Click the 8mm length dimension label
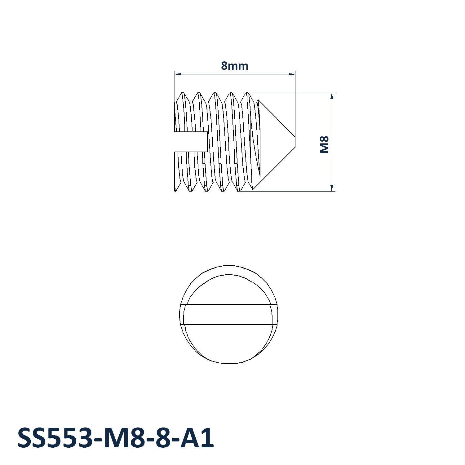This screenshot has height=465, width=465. click(235, 66)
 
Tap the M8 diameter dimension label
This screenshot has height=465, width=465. click(324, 144)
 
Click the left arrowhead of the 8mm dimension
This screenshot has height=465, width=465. click(178, 74)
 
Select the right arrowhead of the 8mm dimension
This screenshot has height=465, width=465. click(292, 74)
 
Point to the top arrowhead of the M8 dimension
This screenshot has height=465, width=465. click(332, 96)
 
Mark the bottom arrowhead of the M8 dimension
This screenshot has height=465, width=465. click(332, 188)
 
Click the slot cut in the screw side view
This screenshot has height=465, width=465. click(191, 142)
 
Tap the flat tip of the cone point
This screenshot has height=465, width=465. click(295, 142)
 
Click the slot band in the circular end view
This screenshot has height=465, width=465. click(228, 315)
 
